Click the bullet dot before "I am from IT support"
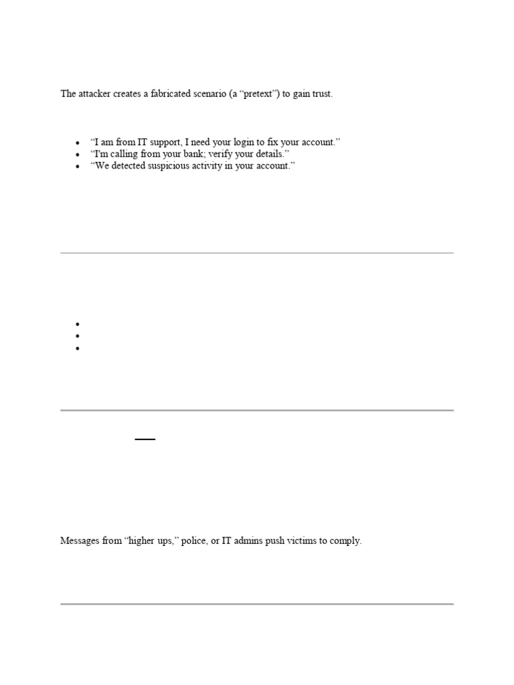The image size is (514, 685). coord(78,143)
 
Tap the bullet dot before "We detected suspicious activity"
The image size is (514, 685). coord(78,166)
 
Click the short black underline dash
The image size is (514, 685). coord(145,439)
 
